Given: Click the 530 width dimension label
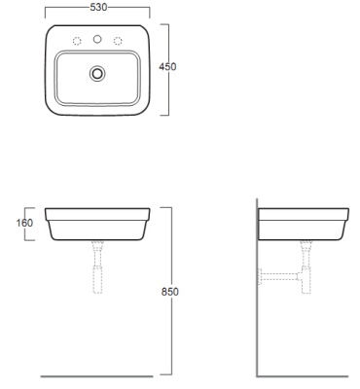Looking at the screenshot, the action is [98, 7].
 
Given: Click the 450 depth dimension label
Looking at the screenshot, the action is [167, 66].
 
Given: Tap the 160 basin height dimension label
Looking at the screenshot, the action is [24, 223].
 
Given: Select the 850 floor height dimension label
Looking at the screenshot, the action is [170, 292].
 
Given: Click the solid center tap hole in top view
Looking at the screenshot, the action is [97, 39].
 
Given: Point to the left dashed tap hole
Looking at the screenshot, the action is [77, 41].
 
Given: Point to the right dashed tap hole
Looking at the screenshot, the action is [118, 41].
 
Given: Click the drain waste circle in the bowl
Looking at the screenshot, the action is [97, 74].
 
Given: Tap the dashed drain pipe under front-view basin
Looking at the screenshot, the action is [97, 266].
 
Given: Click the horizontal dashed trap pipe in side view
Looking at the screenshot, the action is [279, 277].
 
